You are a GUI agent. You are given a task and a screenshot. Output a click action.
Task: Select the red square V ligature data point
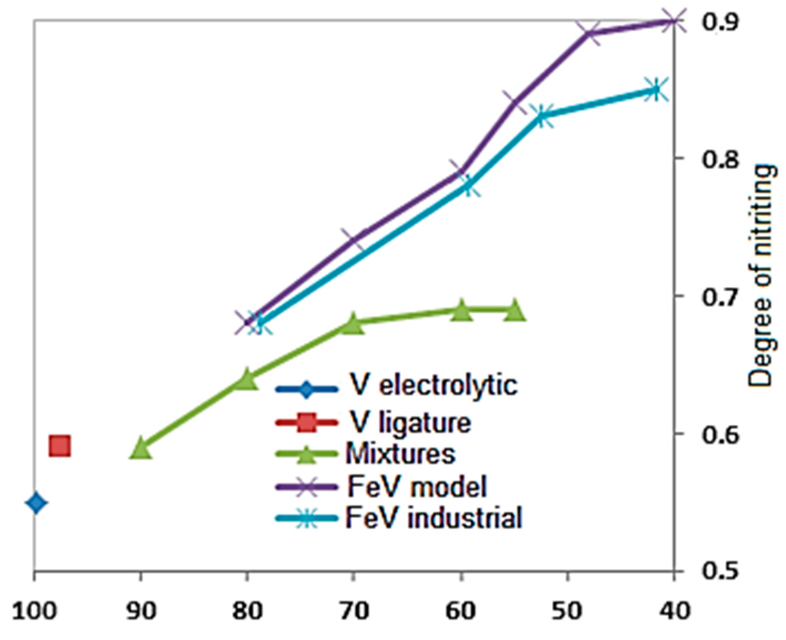pyautogui.click(x=60, y=446)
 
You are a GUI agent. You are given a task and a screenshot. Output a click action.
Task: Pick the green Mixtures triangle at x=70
pyautogui.click(x=353, y=324)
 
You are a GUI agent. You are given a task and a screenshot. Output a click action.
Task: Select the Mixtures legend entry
pyautogui.click(x=365, y=454)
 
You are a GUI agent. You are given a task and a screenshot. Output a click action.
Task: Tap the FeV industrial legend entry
pyautogui.click(x=399, y=517)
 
